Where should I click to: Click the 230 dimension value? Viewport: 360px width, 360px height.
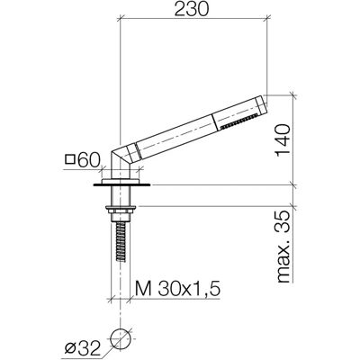click(191, 9)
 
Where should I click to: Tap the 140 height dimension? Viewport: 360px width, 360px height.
click(283, 140)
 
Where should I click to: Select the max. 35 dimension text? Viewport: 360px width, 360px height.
click(283, 247)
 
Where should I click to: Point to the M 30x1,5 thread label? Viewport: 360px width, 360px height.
click(177, 289)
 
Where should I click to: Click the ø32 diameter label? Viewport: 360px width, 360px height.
click(82, 348)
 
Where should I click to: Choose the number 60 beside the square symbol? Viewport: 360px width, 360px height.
click(88, 160)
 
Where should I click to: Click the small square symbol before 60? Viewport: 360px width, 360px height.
click(70, 159)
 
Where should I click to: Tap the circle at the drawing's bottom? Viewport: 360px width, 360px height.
click(121, 338)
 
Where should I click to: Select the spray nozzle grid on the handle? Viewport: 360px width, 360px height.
click(239, 121)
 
